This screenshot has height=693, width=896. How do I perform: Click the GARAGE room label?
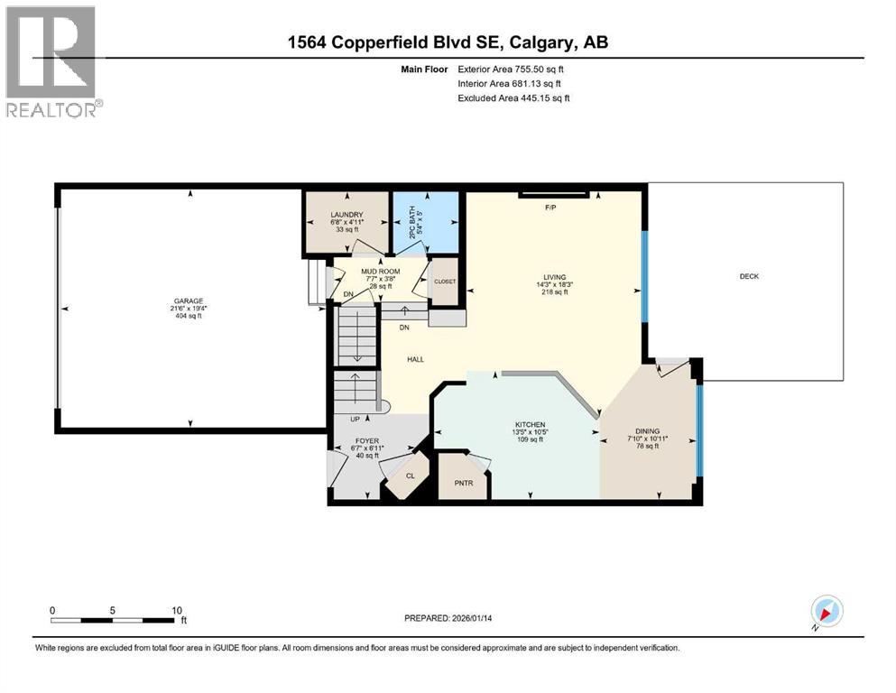point(190,301)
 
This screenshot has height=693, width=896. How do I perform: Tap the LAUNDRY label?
point(347,214)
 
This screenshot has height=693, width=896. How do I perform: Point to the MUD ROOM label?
point(380,270)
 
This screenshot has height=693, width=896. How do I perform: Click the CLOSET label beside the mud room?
point(445,282)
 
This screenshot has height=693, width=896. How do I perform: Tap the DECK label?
point(749,276)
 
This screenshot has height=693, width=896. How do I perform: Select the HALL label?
point(415,359)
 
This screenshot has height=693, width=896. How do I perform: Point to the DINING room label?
point(647,431)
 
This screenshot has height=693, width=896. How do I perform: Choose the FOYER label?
point(365,441)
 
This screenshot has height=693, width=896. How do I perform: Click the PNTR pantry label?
point(463,483)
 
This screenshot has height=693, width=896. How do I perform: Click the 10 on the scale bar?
point(177,610)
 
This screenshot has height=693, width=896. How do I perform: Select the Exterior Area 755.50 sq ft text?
point(513,69)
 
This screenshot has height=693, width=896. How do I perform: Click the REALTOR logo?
point(51,60)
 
